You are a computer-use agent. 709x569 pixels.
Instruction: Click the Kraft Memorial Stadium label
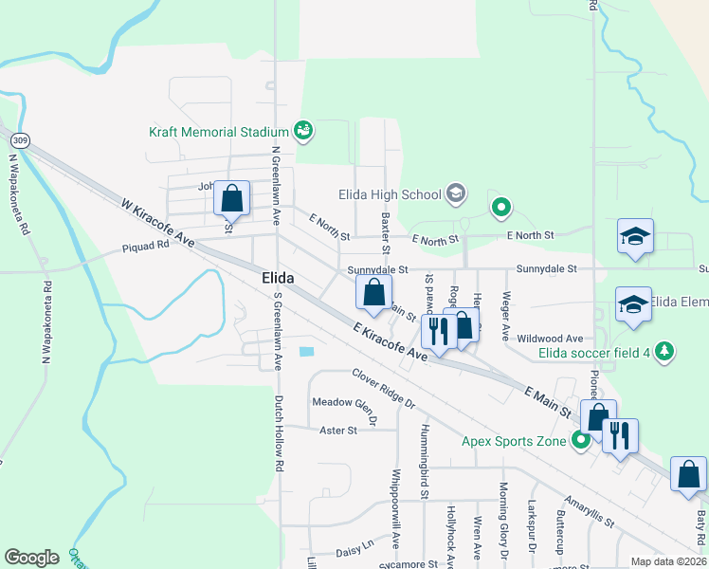[x=218, y=131]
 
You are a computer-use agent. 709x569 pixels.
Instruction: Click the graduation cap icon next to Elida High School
[x=456, y=194]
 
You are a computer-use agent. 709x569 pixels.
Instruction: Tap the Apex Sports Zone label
[x=513, y=441]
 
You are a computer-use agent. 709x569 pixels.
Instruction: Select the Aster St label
[x=338, y=430]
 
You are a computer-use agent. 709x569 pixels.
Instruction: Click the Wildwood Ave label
[x=550, y=339]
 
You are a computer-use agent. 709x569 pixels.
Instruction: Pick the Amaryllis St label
[x=589, y=510]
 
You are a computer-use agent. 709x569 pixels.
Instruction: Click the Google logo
[x=31, y=558]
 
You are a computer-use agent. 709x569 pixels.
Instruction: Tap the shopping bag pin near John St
[x=231, y=199]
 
